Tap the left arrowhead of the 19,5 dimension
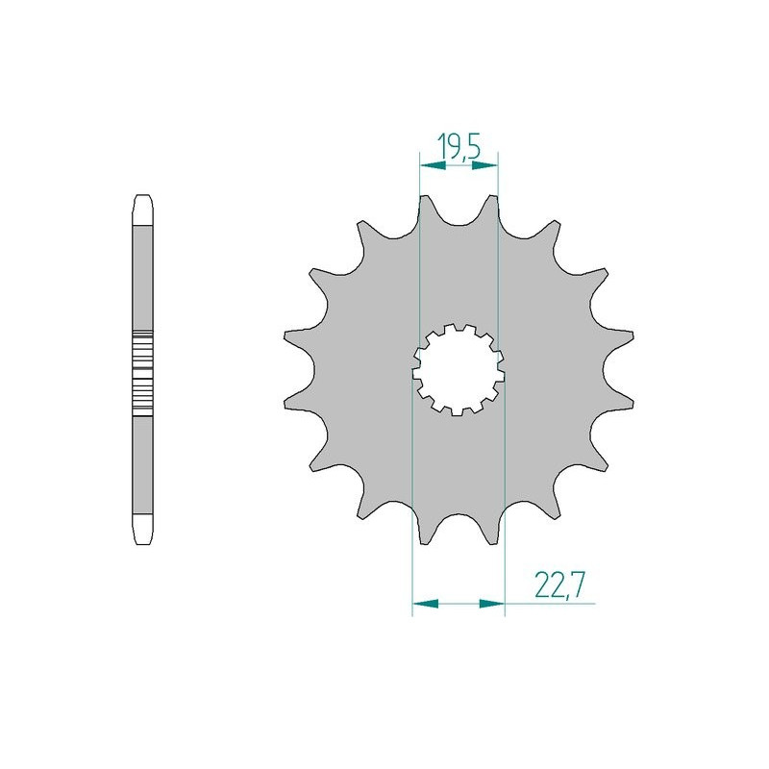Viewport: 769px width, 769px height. [x=429, y=166]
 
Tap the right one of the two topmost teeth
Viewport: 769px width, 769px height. [x=492, y=207]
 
